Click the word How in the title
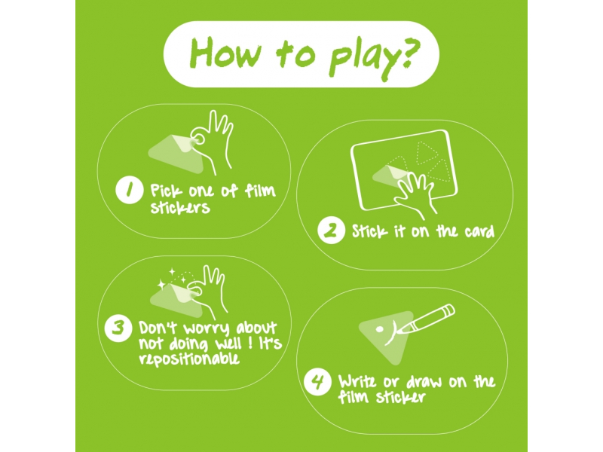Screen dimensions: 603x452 (x=225, y=53)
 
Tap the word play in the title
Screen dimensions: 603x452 (x=362, y=58)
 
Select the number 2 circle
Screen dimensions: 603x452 (x=331, y=231)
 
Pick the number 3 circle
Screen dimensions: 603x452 (x=118, y=328)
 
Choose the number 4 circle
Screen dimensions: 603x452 (x=317, y=382)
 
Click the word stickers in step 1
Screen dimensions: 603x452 (x=180, y=208)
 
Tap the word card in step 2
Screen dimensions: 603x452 (x=479, y=232)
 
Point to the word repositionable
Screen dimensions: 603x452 (x=189, y=359)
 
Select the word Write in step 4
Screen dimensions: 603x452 (x=357, y=381)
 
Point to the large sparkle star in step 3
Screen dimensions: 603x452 (x=161, y=285)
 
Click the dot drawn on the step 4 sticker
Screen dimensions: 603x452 (x=379, y=329)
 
